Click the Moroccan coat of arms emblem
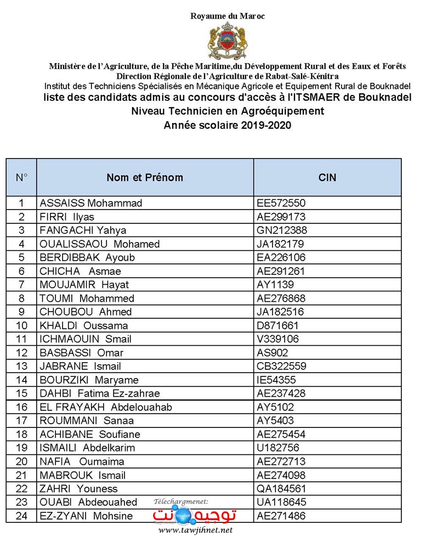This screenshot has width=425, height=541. coord(228,41)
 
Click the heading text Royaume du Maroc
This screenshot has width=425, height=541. coord(228,16)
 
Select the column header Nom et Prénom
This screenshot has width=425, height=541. coord(145,177)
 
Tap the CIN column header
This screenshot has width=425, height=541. coord(327,177)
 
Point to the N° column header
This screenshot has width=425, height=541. coord(21,177)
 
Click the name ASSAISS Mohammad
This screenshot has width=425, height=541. coord(91,203)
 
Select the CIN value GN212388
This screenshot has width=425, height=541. coord(282,230)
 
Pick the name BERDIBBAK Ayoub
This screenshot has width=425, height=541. coord(87,257)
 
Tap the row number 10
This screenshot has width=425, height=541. coord(21,325)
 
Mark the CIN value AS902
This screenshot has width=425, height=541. coord(273,353)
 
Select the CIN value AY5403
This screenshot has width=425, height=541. coord(275,421)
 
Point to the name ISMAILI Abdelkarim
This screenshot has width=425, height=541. coord(87,448)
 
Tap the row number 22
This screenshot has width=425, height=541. coord(21,488)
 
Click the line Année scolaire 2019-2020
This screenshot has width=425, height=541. coord(227,125)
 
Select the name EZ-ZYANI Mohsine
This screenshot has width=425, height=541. coord(86,516)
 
